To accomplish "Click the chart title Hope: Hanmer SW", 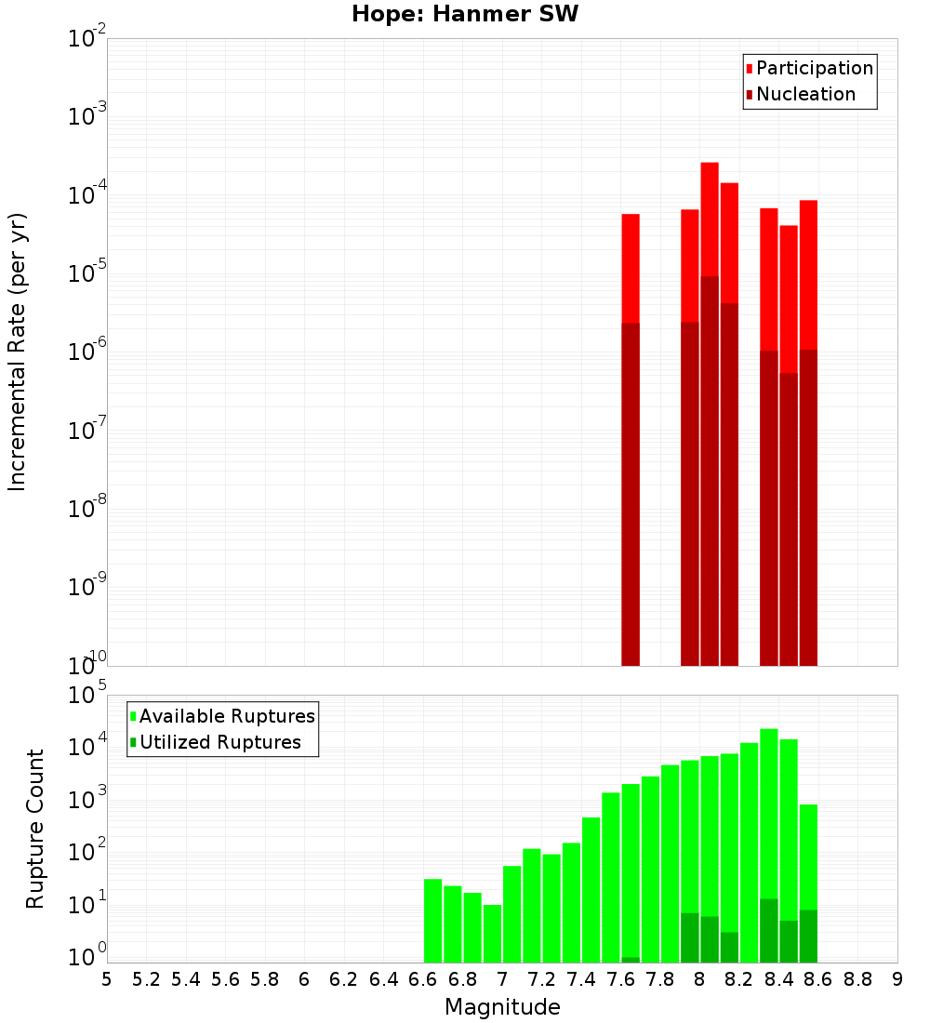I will tap(465, 15).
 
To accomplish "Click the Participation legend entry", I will tap(815, 68).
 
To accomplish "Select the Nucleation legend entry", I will tap(805, 94).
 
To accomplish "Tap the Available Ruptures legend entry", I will tap(227, 716).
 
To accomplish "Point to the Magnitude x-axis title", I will tap(502, 1007).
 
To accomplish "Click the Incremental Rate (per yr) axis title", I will tap(17, 352).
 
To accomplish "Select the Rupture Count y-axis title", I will tap(35, 829).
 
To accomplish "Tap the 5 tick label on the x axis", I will tap(107, 979).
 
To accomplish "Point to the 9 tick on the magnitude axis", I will tap(897, 979).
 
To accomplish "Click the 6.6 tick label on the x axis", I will tap(423, 979).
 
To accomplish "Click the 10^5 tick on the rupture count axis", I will tap(89, 696).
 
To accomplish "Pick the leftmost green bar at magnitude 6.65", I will tap(432, 921).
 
